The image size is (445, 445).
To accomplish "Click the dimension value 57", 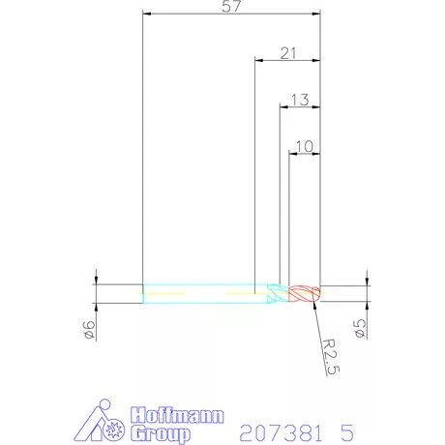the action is point(231,7).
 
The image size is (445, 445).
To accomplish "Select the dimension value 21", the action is point(288,53).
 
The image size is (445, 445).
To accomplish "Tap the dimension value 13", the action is point(300,100).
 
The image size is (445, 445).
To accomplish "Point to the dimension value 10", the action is point(305,147).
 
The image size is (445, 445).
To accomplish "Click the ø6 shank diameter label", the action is point(89,330).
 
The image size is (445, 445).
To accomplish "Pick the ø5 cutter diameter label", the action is point(360,329).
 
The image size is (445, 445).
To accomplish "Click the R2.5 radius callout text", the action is point(331,357).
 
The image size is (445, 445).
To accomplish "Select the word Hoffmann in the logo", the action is point(177,415).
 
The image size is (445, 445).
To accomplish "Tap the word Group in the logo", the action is point(161,433).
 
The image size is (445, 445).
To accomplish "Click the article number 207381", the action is point(281,432).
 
